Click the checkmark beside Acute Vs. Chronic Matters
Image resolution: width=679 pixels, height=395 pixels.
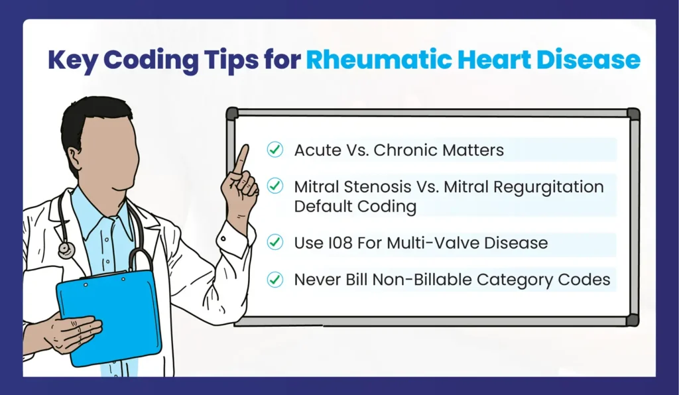pos(275,150)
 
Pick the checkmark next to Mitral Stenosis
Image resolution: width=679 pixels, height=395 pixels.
pos(275,186)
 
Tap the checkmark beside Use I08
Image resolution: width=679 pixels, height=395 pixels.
pos(275,243)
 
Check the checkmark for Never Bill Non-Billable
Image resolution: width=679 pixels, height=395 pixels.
pos(275,280)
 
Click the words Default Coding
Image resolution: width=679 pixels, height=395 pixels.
pos(355,206)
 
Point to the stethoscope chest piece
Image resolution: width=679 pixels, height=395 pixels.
pos(66,250)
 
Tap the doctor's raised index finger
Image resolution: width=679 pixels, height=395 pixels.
pos(242,159)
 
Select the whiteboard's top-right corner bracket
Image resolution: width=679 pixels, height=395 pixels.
pos(633,114)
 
